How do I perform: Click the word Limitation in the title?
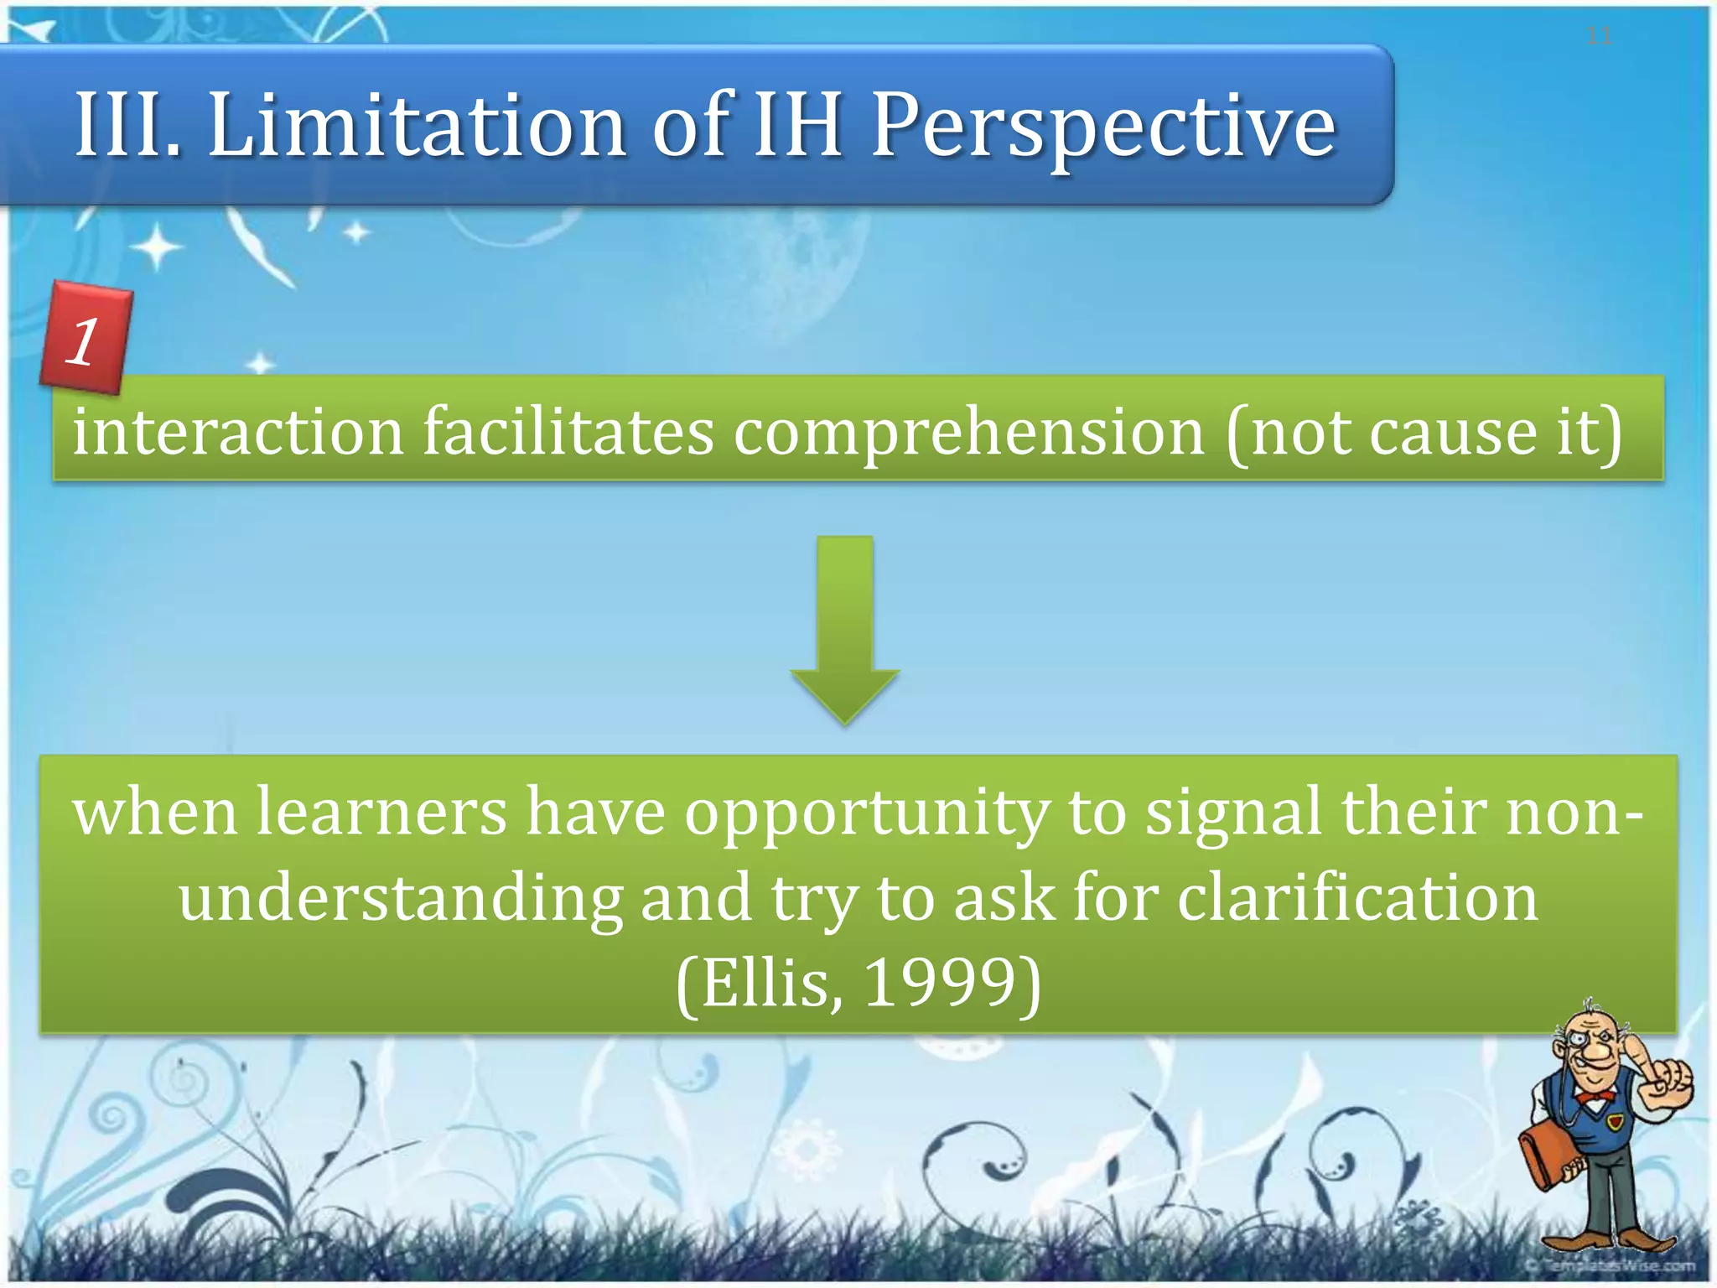pyautogui.click(x=417, y=126)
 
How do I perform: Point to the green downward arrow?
pyautogui.click(x=845, y=629)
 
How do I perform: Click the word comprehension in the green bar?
pyautogui.click(x=969, y=432)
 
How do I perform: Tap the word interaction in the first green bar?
pyautogui.click(x=239, y=432)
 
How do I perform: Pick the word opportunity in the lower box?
pyautogui.click(x=866, y=813)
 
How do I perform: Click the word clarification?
pyautogui.click(x=1357, y=898)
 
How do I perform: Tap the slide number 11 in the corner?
pyautogui.click(x=1598, y=36)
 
